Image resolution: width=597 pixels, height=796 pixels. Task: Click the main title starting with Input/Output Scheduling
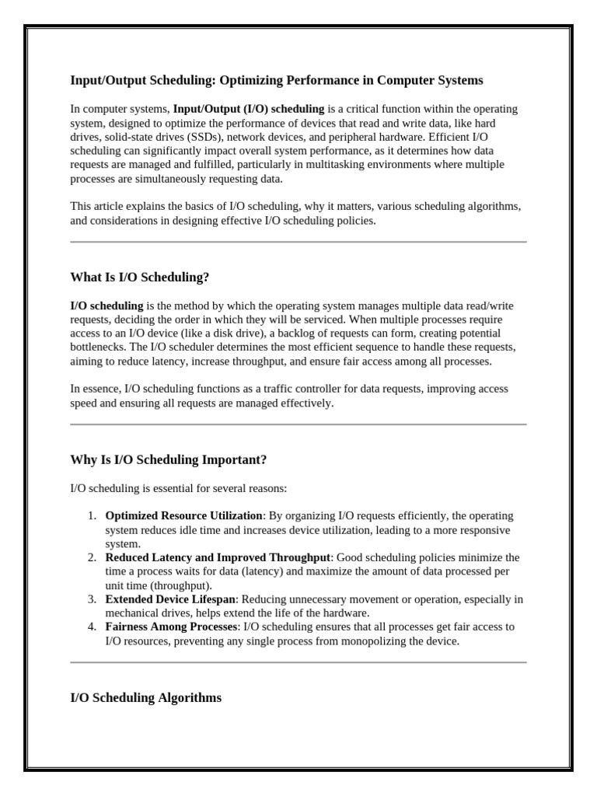pyautogui.click(x=276, y=80)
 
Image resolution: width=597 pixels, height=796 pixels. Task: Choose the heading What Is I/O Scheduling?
pyautogui.click(x=140, y=277)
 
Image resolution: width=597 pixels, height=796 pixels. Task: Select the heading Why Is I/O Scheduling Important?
pyautogui.click(x=169, y=459)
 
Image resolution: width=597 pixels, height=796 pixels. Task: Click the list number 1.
pyautogui.click(x=91, y=515)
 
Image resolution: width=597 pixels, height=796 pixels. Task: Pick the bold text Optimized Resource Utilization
pyautogui.click(x=184, y=515)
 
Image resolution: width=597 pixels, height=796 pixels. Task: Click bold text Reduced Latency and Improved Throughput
pyautogui.click(x=218, y=557)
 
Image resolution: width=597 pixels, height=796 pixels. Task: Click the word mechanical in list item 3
pyautogui.click(x=131, y=613)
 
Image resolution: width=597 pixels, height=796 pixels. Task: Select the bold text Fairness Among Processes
pyautogui.click(x=171, y=627)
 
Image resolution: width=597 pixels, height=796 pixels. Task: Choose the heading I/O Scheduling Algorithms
pyautogui.click(x=145, y=697)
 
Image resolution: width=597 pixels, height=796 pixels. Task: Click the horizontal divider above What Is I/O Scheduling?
pyautogui.click(x=298, y=242)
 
